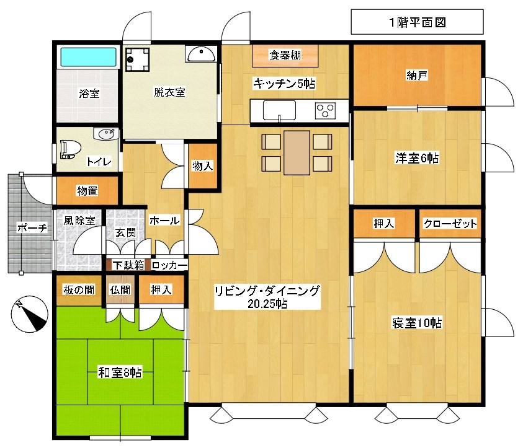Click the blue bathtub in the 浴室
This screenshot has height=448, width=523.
[88, 57]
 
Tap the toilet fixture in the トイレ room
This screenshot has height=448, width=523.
[70, 149]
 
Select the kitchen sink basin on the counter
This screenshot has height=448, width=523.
[279, 110]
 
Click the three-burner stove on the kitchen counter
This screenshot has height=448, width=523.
[325, 110]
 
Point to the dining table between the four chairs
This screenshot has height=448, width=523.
[297, 152]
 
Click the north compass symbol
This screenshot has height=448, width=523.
[30, 314]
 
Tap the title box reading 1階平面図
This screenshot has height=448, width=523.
[418, 22]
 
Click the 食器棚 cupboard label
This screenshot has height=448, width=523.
[285, 55]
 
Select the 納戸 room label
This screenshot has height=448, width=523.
[417, 75]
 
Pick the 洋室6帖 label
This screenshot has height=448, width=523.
[417, 158]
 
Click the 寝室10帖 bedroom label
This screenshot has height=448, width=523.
[417, 323]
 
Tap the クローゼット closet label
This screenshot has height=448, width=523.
[450, 224]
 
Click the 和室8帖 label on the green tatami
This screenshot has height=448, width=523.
[120, 372]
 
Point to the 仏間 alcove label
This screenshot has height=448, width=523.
[120, 290]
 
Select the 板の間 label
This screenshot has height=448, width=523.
[79, 290]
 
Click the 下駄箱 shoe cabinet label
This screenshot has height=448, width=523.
[128, 265]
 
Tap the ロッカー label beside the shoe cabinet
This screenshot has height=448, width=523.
[169, 265]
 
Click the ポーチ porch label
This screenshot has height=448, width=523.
[32, 228]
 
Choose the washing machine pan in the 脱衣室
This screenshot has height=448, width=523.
[138, 59]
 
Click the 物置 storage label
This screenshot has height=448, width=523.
[87, 191]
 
